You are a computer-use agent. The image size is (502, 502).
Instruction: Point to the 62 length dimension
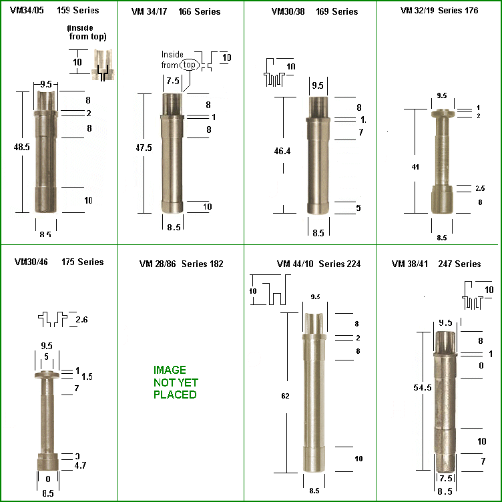tap(286, 396)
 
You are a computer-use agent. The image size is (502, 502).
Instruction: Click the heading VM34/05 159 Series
tap(55, 11)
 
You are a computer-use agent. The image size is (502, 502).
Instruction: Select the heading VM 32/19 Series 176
tap(439, 11)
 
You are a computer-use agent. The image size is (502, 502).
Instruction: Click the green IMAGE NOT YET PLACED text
tap(175, 382)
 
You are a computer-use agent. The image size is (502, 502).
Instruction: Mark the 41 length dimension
tap(416, 167)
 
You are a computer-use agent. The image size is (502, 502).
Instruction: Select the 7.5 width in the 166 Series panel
tap(172, 80)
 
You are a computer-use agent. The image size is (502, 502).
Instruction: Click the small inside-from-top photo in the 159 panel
tap(103, 65)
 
